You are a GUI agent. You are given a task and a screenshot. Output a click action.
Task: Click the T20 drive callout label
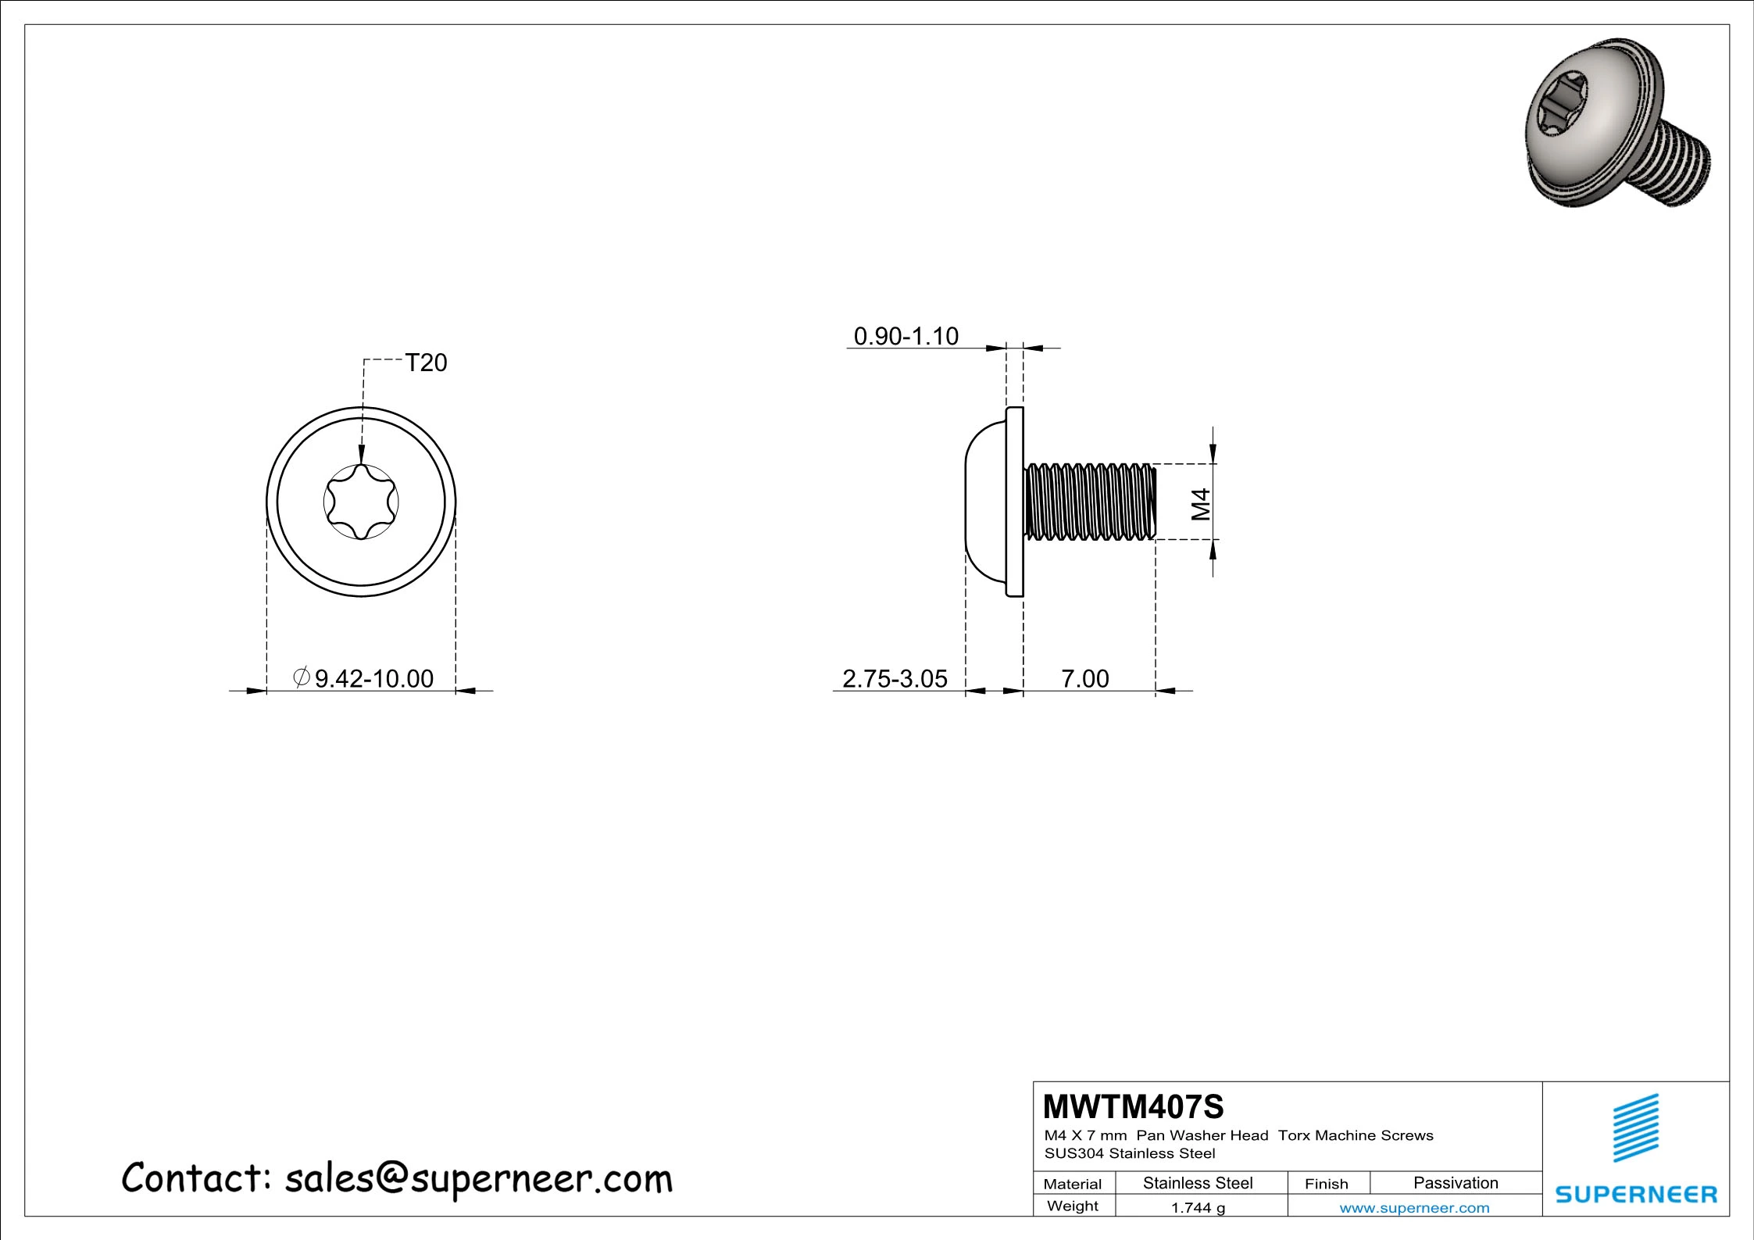(x=426, y=363)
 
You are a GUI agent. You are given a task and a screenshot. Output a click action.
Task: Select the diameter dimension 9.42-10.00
(x=363, y=678)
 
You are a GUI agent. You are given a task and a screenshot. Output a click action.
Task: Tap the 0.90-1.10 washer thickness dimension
(x=906, y=336)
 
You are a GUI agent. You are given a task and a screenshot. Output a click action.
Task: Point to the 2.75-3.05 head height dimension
(x=895, y=678)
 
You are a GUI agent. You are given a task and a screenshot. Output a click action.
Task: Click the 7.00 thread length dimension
(x=1085, y=678)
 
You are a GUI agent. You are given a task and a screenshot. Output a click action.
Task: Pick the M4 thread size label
(x=1201, y=504)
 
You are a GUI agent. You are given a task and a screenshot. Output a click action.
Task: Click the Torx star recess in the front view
(x=361, y=502)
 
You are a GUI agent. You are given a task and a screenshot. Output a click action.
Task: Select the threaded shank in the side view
(x=1090, y=502)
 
